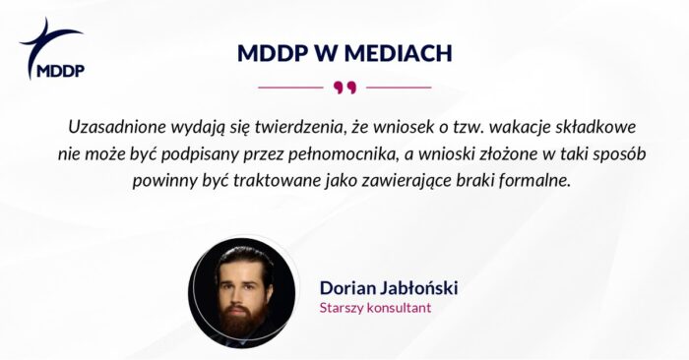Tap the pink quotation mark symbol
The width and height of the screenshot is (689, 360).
[344, 88]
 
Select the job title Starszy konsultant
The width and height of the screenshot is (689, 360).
[375, 308]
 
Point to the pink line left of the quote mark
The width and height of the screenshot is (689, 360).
[290, 88]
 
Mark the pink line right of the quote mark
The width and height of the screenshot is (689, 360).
[398, 88]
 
